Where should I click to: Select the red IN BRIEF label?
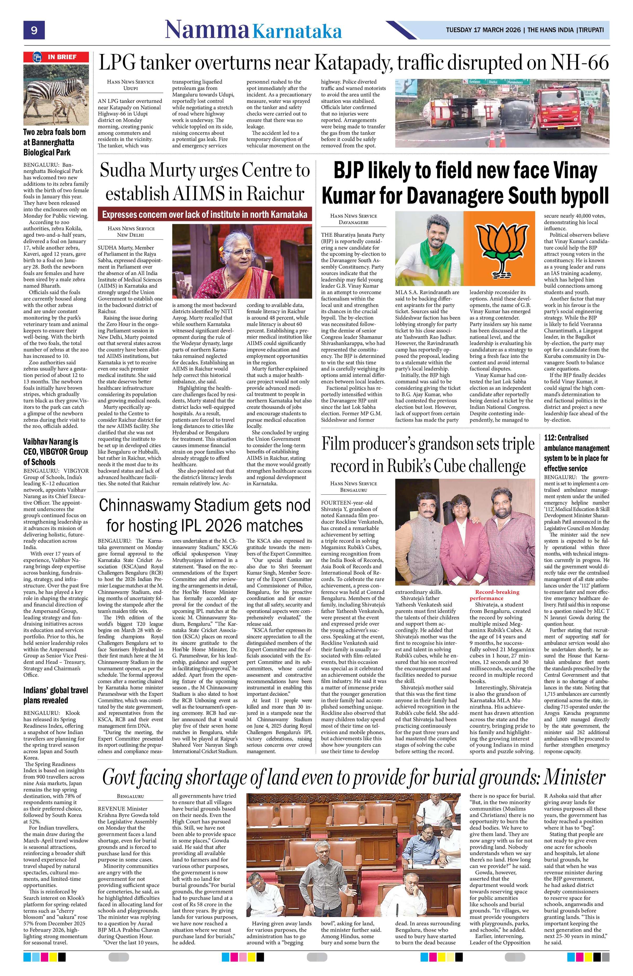point(56,57)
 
